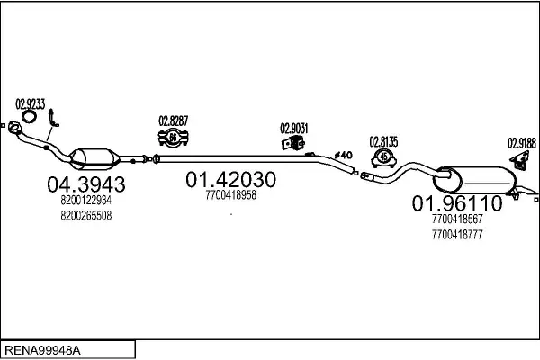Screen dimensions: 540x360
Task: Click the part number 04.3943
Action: click(x=86, y=184)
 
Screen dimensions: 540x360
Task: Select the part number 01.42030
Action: click(x=230, y=179)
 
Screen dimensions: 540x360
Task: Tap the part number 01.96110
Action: click(x=457, y=203)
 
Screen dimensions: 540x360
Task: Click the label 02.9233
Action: click(x=31, y=104)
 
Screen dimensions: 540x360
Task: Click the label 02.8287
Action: click(x=173, y=121)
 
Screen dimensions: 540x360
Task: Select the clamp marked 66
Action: click(x=173, y=138)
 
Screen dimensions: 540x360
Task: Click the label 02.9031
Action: click(x=293, y=129)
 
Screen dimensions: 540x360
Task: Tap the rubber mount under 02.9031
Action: click(x=292, y=143)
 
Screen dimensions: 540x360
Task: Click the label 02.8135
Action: click(x=383, y=142)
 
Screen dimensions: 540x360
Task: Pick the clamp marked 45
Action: click(x=383, y=158)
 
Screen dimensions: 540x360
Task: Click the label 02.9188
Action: click(x=522, y=143)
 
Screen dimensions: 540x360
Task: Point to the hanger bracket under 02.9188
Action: click(x=520, y=161)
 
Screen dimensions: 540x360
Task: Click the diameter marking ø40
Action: click(x=344, y=155)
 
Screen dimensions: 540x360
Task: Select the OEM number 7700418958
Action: click(x=230, y=195)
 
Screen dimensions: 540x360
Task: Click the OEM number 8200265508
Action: click(x=86, y=216)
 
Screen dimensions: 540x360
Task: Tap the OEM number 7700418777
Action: click(x=457, y=235)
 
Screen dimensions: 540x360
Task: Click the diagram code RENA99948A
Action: click(x=42, y=350)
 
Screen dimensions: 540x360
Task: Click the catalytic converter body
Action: click(x=94, y=158)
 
